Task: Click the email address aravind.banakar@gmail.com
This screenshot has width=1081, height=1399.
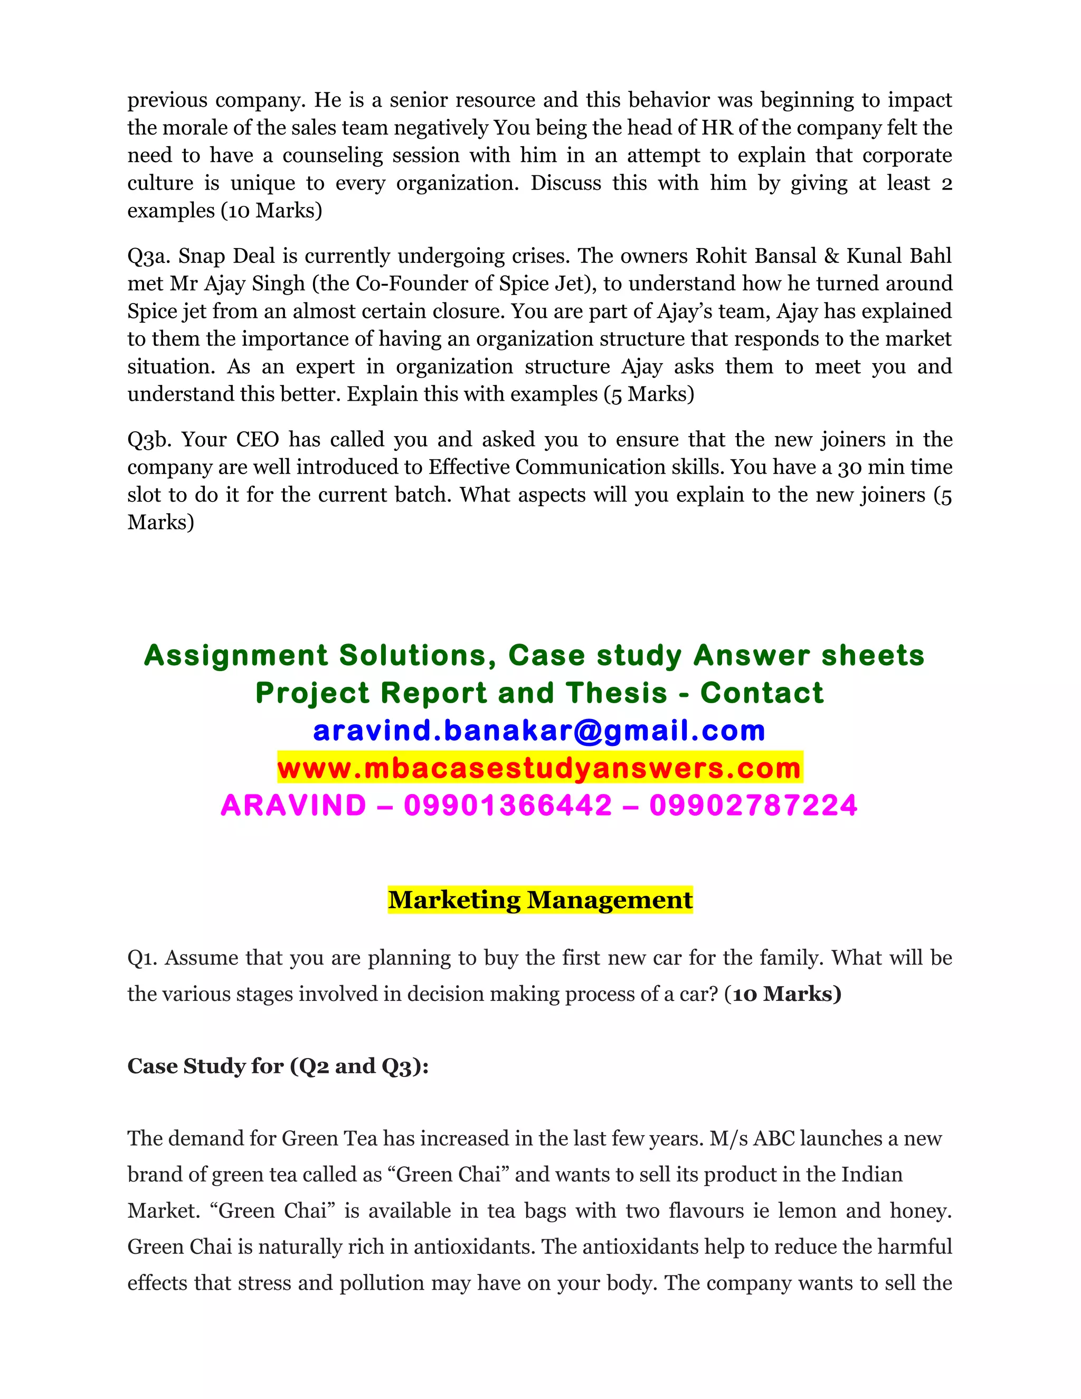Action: click(539, 731)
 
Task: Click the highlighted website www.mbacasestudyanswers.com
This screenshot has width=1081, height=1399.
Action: click(539, 768)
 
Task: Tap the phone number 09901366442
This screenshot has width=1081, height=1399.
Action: click(508, 805)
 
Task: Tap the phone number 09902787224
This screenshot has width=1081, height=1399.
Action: click(753, 805)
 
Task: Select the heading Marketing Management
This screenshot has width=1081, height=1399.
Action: click(540, 900)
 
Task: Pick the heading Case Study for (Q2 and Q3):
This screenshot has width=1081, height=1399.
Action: click(278, 1066)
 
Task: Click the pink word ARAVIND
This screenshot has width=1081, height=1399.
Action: click(293, 805)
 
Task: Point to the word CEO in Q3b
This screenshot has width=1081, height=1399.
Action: click(258, 439)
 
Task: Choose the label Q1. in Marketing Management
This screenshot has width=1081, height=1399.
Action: click(141, 958)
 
